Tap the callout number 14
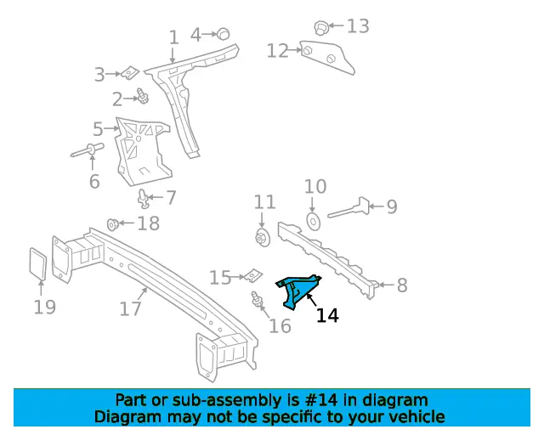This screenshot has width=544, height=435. (327, 316)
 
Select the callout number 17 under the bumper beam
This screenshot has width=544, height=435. (130, 309)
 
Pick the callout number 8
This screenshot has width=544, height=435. (402, 285)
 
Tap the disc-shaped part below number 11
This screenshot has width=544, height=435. (263, 235)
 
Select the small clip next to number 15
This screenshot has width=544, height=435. (253, 276)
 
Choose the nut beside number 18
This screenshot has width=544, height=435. (112, 224)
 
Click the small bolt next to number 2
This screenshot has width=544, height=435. (142, 98)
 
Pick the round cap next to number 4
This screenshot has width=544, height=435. (224, 33)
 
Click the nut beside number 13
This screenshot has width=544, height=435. (321, 27)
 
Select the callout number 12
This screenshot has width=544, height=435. (278, 52)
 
